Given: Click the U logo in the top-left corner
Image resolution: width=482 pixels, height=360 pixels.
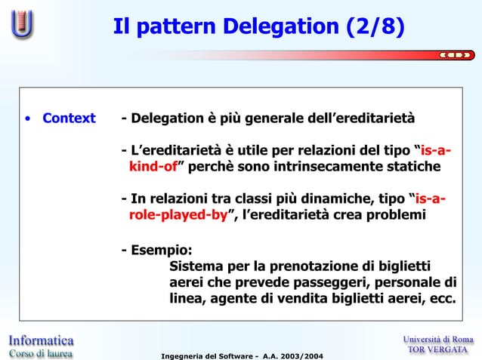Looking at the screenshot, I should [x=21, y=23].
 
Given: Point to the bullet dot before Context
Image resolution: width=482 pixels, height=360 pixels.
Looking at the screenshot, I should [x=27, y=118].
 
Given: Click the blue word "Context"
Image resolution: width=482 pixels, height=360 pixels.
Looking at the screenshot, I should [x=69, y=118].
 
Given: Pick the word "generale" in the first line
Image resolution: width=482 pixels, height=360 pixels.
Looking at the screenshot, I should [x=267, y=118].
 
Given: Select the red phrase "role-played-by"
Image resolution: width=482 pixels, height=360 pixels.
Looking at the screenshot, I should [x=178, y=216].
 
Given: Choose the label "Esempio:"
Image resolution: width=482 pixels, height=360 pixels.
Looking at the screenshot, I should [x=157, y=250].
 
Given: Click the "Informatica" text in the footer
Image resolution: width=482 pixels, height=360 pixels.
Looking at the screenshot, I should [x=42, y=340].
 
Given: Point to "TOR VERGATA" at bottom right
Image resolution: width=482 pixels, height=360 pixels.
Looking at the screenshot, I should [x=439, y=352].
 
